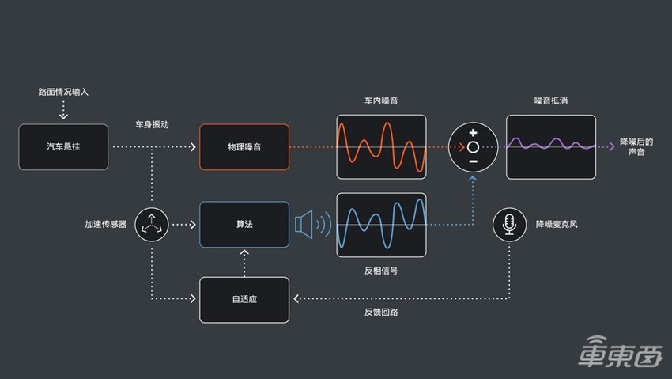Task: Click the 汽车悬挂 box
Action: click(x=63, y=147)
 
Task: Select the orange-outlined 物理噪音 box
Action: click(x=244, y=147)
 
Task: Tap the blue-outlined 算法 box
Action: click(x=244, y=225)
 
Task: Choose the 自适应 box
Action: click(x=244, y=300)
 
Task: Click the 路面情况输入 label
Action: click(x=63, y=92)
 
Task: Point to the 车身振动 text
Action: click(x=152, y=125)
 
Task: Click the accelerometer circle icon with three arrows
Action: click(x=151, y=225)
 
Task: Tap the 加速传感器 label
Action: click(x=106, y=225)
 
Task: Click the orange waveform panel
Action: click(x=381, y=147)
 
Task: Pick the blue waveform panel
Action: click(x=381, y=225)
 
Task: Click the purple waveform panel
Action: click(x=550, y=147)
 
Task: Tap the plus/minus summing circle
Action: click(x=472, y=147)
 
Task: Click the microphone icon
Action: click(x=509, y=225)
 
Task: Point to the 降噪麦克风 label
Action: click(x=557, y=225)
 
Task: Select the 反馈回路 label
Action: click(x=381, y=312)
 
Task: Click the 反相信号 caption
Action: click(x=381, y=270)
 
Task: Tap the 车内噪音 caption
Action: click(x=381, y=101)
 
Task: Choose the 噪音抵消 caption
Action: click(x=550, y=101)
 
